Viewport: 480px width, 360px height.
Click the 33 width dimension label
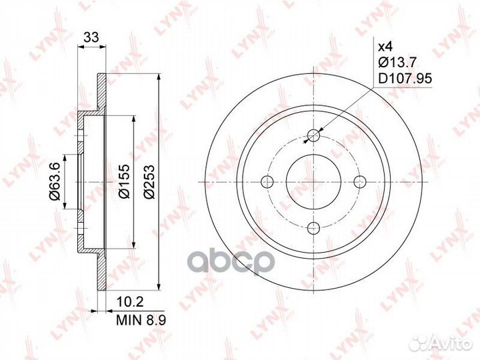[91, 37]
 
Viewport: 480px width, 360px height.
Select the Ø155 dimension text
[125, 181]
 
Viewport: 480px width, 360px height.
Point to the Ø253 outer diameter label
[149, 182]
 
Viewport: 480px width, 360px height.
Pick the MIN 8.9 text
[141, 320]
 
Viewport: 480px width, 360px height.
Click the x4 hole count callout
[385, 47]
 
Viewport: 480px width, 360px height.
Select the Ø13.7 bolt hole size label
[397, 63]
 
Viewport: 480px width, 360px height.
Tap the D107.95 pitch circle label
[405, 79]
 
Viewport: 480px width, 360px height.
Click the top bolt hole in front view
[313, 135]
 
